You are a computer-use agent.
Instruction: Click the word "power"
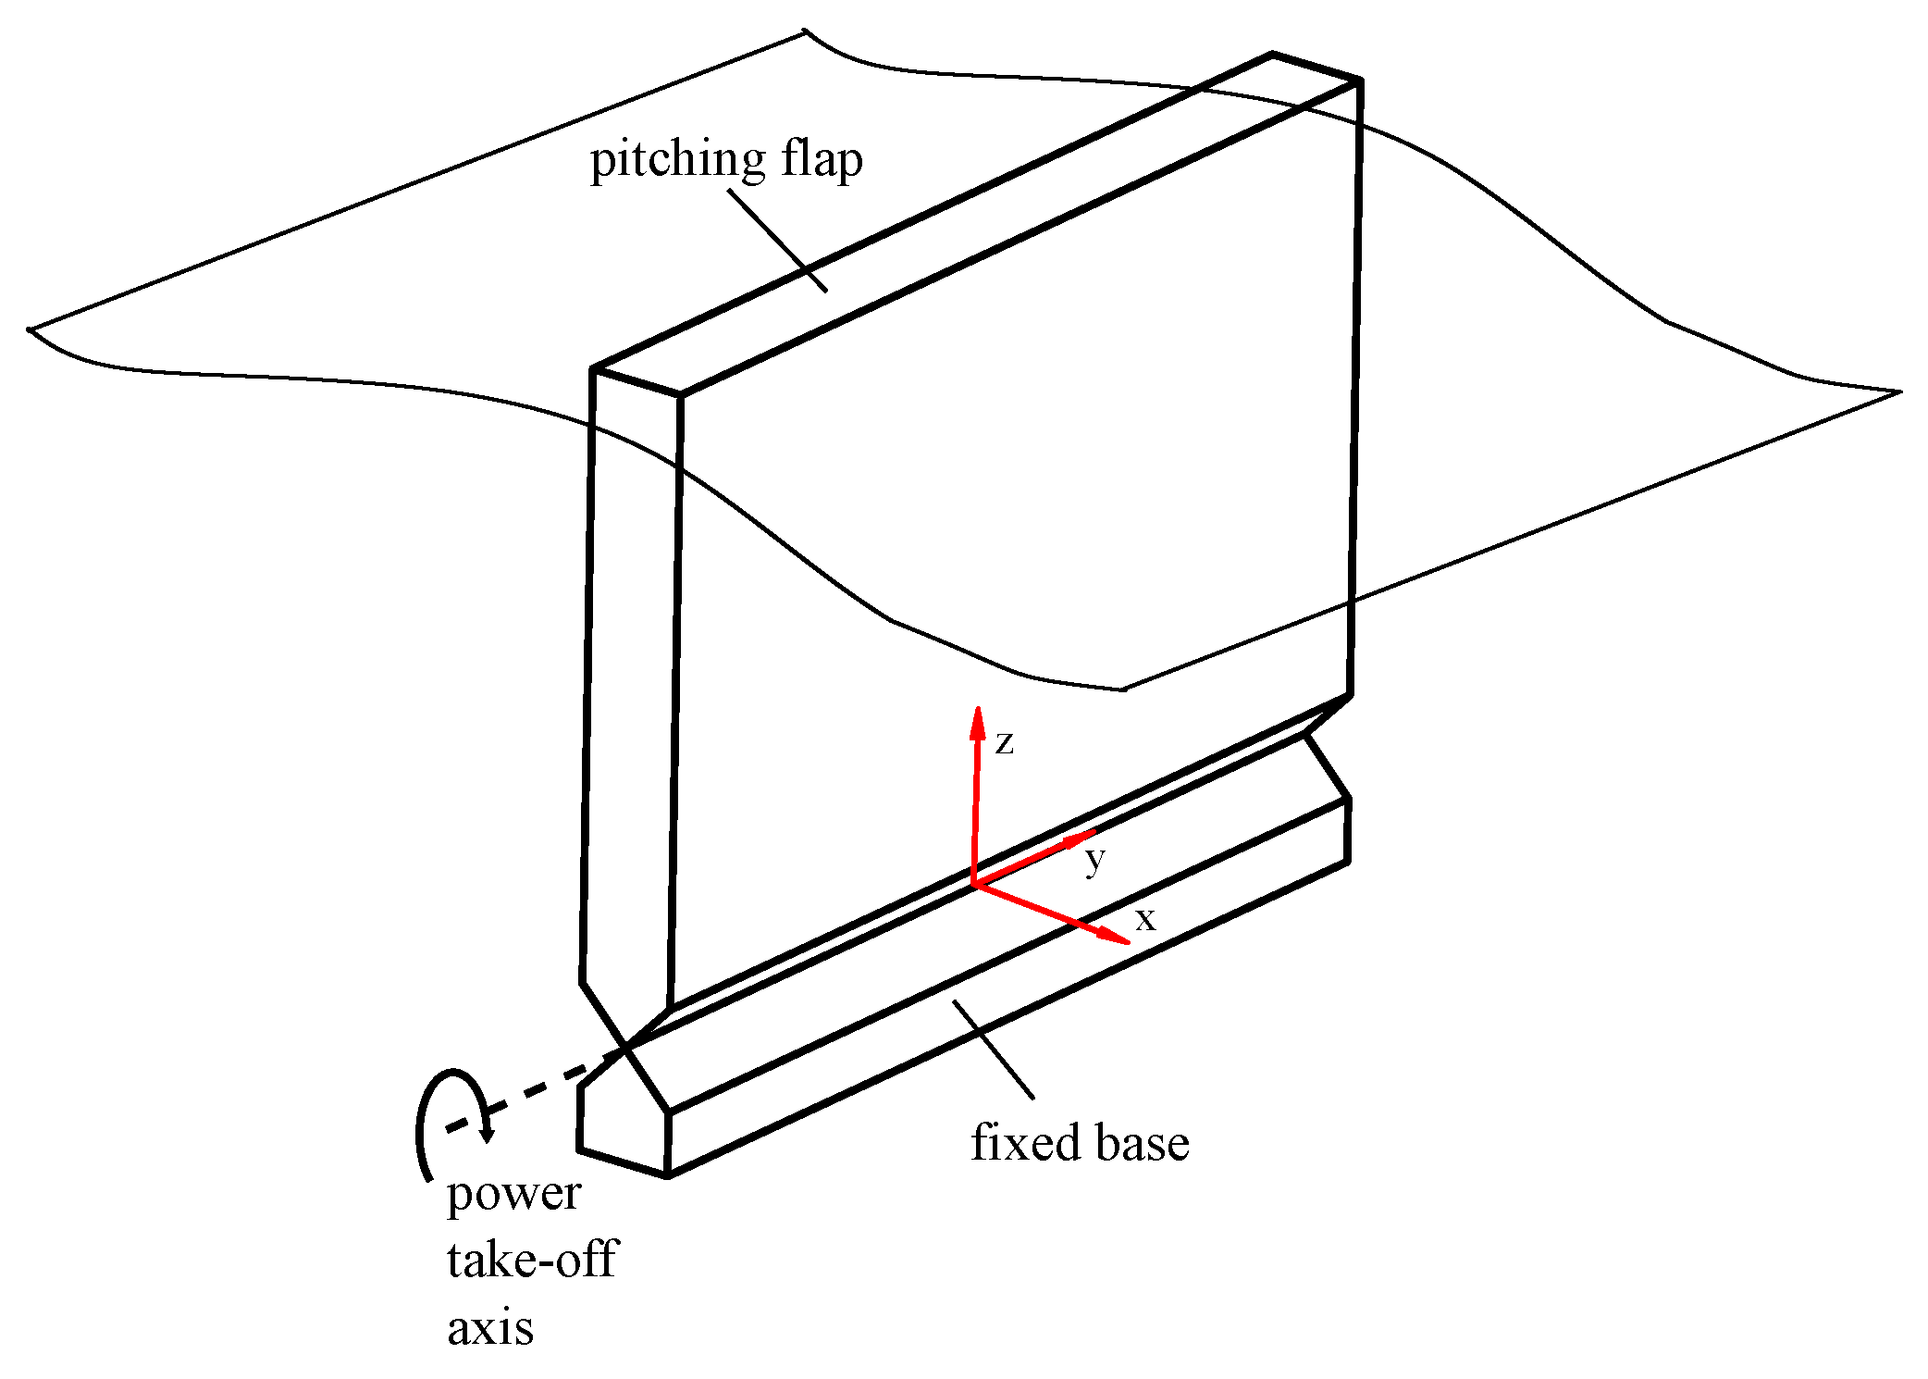point(513,1194)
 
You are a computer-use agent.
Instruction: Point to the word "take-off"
point(532,1260)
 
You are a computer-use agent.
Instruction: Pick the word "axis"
point(490,1328)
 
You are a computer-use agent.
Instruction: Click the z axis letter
point(1004,742)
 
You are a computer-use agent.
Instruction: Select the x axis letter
point(1145,919)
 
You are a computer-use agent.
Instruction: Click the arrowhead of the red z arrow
point(977,722)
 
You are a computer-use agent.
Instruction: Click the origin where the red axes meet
point(974,885)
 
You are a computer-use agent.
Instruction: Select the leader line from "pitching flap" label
point(777,241)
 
